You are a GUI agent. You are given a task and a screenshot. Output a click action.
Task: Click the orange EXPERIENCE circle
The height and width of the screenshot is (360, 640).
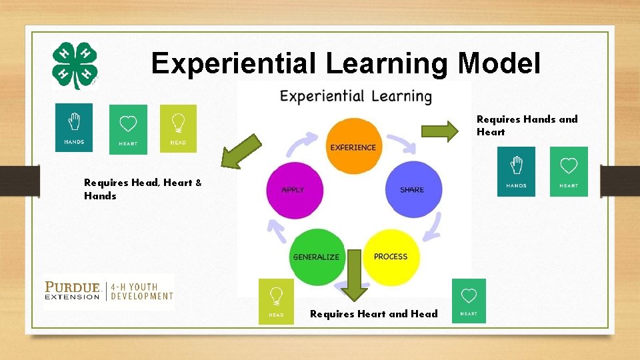[353, 146]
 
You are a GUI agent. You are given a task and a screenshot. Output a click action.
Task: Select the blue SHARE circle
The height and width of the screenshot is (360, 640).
[413, 189]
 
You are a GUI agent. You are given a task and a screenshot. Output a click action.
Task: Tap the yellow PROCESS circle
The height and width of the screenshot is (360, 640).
[391, 257]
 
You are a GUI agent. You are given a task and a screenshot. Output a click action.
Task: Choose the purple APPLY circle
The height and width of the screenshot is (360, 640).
[294, 189]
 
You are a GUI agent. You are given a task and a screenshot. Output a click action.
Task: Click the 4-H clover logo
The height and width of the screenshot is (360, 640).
[75, 65]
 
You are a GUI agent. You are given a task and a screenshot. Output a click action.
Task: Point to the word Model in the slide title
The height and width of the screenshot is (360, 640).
[500, 63]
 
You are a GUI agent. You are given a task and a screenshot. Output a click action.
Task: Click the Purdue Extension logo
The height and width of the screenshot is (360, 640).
[109, 291]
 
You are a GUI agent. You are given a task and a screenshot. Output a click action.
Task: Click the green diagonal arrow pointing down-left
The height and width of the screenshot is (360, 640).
[241, 151]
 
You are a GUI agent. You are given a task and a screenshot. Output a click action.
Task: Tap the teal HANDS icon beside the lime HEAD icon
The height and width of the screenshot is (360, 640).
[74, 127]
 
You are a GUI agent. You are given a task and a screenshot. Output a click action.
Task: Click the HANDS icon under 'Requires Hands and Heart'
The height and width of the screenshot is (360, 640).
[516, 171]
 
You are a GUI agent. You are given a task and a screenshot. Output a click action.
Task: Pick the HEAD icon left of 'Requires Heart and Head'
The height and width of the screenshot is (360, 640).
[276, 301]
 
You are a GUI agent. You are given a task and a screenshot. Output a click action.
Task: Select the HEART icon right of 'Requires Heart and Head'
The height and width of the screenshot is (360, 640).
[469, 301]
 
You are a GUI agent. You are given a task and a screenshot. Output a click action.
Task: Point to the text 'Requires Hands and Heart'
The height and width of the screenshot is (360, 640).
[527, 125]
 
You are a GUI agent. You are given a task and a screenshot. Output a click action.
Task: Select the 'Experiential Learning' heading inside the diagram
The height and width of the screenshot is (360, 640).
[355, 97]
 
